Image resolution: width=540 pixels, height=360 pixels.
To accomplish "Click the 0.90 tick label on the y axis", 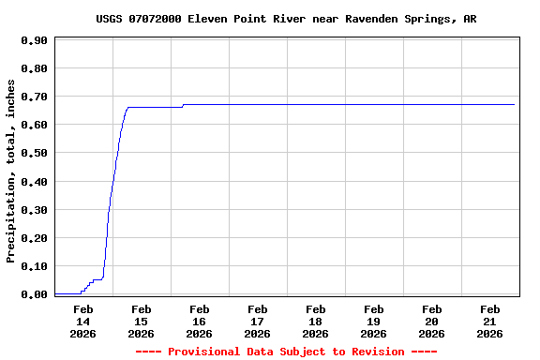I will (x=34, y=40).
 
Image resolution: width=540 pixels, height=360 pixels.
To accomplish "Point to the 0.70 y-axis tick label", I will (x=34, y=97).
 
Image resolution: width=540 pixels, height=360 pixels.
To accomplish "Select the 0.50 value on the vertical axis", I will (x=34, y=153).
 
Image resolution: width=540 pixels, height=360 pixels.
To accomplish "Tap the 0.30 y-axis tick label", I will (x=34, y=209).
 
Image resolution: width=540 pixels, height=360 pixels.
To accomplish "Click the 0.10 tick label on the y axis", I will (x=34, y=266).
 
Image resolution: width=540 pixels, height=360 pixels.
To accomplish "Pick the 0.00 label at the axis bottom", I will (x=34, y=294).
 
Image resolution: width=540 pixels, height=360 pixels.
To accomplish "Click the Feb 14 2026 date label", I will (x=82, y=321).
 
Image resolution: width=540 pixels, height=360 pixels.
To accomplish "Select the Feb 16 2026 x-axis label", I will (x=199, y=321).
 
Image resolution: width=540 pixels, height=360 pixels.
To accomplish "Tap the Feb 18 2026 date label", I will (x=315, y=321).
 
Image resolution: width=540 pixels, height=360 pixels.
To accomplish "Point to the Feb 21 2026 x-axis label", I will (x=489, y=321).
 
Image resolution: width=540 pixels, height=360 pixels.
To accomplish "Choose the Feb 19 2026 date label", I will (x=373, y=321).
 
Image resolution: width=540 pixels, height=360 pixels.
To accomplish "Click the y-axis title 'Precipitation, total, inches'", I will (x=11, y=172).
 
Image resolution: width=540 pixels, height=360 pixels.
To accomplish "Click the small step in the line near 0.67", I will (x=183, y=105).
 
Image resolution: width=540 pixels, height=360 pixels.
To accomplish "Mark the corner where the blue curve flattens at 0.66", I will (x=127, y=107).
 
